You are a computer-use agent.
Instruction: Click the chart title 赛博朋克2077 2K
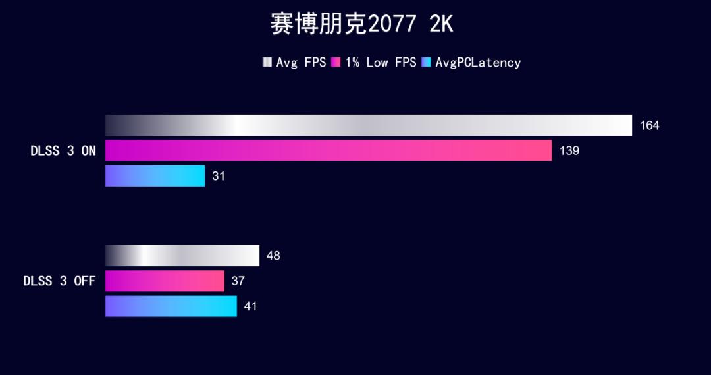tap(361, 24)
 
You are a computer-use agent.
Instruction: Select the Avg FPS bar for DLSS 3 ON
tap(369, 125)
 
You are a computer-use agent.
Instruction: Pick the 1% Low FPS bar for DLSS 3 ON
tap(329, 150)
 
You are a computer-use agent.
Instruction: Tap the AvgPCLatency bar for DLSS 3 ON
tap(155, 176)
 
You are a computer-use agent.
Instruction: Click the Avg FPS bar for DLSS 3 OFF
tap(182, 256)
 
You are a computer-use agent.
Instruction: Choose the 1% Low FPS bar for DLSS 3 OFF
tap(165, 281)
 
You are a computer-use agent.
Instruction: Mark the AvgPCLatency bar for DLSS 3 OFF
tap(171, 306)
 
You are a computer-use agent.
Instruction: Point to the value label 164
tap(649, 125)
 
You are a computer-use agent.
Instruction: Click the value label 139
tap(569, 150)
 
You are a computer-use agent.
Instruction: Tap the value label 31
tap(219, 176)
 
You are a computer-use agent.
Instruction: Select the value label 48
tap(273, 256)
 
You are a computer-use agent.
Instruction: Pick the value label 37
tap(238, 281)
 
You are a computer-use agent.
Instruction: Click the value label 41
tap(250, 306)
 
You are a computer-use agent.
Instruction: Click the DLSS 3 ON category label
tap(63, 151)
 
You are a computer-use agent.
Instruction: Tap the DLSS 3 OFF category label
tap(59, 281)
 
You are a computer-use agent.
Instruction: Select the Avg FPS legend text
tap(301, 63)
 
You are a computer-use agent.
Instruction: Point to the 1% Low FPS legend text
tap(381, 63)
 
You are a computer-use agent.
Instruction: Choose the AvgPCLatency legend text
tap(478, 63)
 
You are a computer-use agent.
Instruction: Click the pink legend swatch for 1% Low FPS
tap(336, 63)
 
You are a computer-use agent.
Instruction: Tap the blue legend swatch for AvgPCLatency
tap(426, 63)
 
